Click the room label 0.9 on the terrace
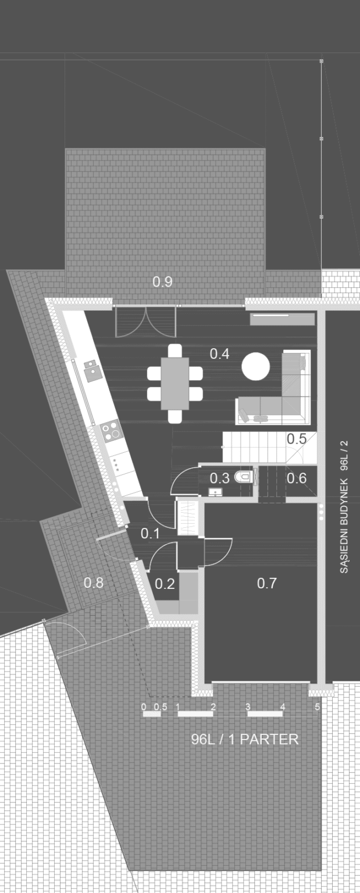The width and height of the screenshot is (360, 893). click(x=162, y=282)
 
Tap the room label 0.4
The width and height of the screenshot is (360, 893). click(x=220, y=353)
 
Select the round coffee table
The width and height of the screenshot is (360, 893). click(x=255, y=366)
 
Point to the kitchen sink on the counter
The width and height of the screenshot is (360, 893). click(x=93, y=371)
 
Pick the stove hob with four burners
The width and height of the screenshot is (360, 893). click(x=111, y=432)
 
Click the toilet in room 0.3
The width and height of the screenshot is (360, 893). click(x=243, y=477)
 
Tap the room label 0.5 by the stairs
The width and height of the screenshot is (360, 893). click(x=297, y=439)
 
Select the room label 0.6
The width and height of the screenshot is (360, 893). click(x=297, y=478)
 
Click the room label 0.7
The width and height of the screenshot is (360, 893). click(x=267, y=583)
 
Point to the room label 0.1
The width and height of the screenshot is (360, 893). click(x=150, y=533)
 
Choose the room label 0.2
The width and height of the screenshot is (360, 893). click(x=165, y=584)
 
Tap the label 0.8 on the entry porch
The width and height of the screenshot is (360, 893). click(x=94, y=583)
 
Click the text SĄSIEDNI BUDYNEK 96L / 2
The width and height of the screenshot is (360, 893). click(x=344, y=507)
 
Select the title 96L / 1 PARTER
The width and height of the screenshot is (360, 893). click(x=245, y=740)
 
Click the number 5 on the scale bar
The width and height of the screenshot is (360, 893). click(x=318, y=707)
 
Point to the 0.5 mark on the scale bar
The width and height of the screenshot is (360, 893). click(x=161, y=707)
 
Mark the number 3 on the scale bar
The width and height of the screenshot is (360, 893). click(x=248, y=707)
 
